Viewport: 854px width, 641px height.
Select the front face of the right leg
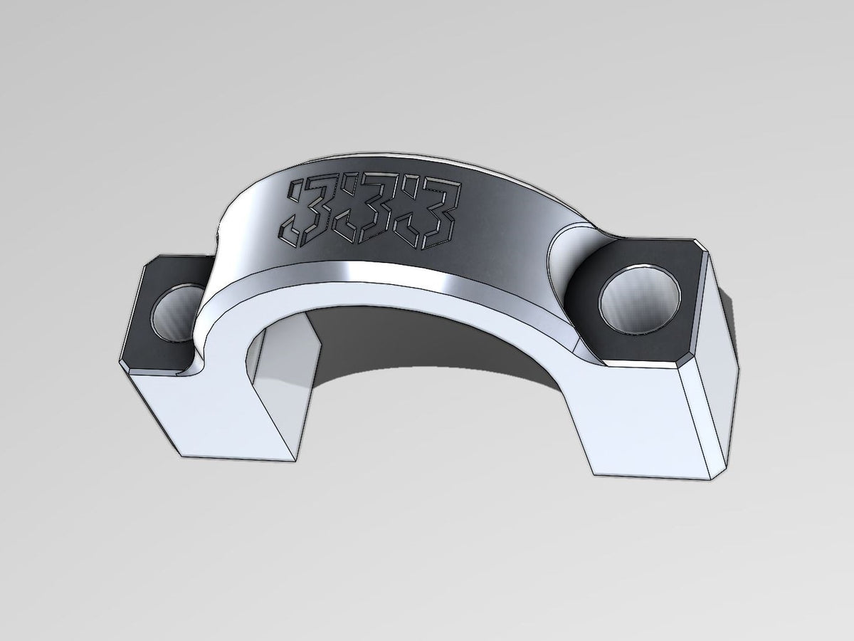click(640, 420)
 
